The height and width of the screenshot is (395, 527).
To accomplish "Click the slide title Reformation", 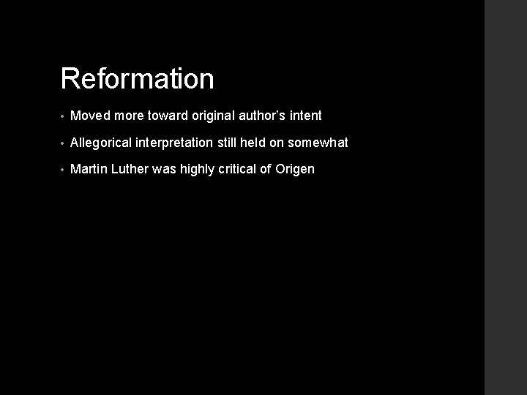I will coord(137,79).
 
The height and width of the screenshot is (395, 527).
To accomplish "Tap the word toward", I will coord(168,116).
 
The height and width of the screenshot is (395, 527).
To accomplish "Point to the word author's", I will coord(265,116).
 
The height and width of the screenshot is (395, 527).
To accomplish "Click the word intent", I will coord(306,116).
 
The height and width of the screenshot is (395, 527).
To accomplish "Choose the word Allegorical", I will coord(101,143).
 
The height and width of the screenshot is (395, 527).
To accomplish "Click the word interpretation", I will coord(176,143).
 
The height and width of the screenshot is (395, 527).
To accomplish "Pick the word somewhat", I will coord(320,143).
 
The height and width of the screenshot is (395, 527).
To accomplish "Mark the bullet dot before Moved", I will coord(64,116).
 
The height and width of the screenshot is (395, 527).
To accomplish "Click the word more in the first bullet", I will coord(130,116).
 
